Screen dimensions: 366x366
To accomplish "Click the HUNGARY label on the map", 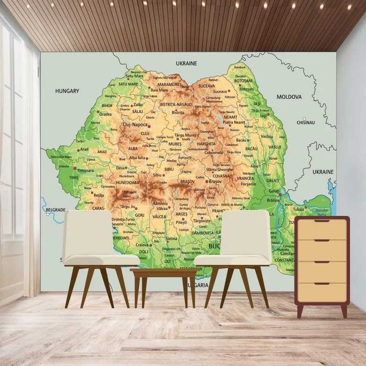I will (x=67, y=91).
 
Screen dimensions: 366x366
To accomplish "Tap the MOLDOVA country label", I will (x=289, y=97).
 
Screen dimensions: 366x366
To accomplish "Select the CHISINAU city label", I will (x=306, y=122).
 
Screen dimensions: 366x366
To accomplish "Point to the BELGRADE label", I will (x=55, y=210).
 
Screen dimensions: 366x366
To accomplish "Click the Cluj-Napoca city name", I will (x=135, y=125).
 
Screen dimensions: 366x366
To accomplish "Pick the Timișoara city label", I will (x=85, y=170).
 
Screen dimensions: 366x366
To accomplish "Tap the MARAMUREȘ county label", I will (x=169, y=84).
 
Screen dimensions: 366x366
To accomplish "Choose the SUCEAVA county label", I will (x=207, y=85).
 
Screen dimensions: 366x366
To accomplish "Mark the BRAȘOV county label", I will (x=187, y=181).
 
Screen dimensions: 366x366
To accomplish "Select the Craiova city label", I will (x=142, y=245).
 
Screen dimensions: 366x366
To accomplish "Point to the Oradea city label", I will (x=105, y=114).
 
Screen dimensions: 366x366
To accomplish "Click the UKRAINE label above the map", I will (x=187, y=63).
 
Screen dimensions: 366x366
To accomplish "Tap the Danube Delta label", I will (x=321, y=212).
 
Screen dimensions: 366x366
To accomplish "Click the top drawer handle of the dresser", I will (x=322, y=221).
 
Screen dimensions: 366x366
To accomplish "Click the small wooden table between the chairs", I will (x=163, y=273).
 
